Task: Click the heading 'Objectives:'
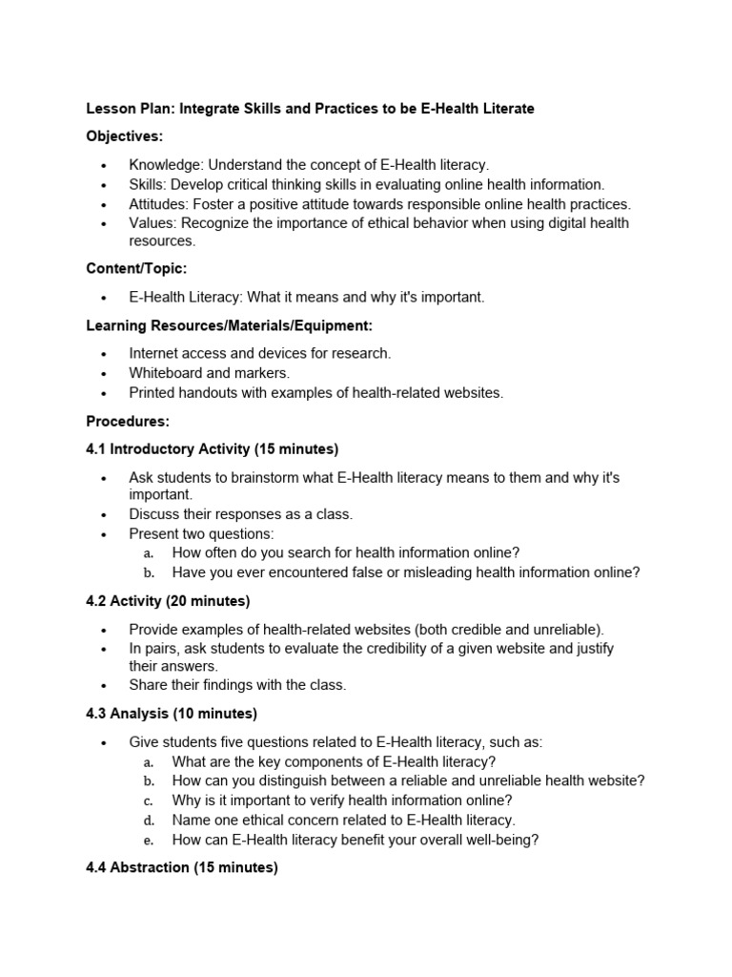[x=125, y=136]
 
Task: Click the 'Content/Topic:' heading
[x=136, y=269]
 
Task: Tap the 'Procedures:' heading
[x=128, y=420]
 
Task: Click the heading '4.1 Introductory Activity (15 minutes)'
[x=213, y=448]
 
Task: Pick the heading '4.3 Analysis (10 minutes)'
[x=172, y=713]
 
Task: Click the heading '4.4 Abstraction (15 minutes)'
[x=182, y=867]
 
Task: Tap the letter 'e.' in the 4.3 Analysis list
[x=149, y=840]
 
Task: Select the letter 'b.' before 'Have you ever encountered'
[x=149, y=572]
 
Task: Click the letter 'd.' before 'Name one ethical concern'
[x=149, y=820]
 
